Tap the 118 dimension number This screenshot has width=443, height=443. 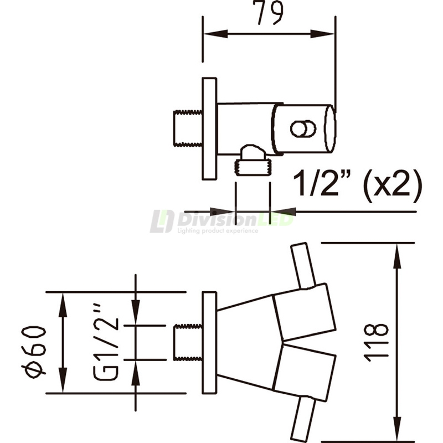pos(377,343)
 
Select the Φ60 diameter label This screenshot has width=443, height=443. pos(34,352)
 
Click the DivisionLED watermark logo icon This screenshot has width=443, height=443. pos(162,221)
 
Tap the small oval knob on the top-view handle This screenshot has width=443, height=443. pos(303,129)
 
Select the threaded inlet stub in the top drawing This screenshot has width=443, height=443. pos(188,128)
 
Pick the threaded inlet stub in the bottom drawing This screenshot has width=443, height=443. pos(188,342)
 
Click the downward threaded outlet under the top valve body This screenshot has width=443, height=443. pos(253,161)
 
